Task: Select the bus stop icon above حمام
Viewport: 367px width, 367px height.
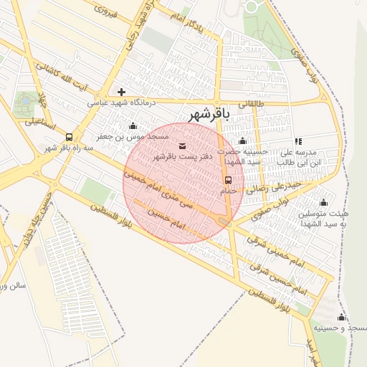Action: point(229,179)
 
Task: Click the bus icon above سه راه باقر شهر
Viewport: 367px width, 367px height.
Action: point(69,136)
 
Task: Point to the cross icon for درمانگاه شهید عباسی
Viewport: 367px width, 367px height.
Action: point(121,92)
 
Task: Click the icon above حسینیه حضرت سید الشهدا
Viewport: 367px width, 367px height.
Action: point(242,141)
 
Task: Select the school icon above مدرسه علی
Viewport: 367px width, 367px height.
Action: point(298,141)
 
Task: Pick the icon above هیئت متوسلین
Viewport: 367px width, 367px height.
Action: point(323,202)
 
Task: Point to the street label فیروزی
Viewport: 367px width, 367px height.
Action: point(106,12)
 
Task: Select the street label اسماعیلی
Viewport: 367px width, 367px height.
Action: point(40,122)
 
